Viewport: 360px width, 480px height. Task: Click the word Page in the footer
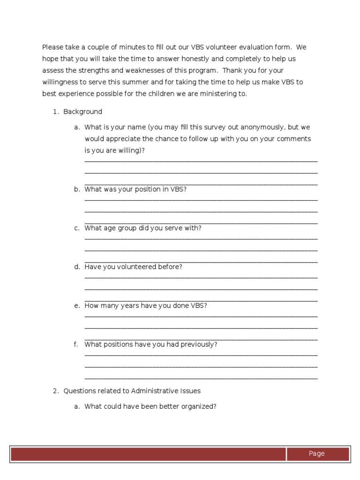pyautogui.click(x=316, y=453)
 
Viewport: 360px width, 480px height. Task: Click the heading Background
pyautogui.click(x=82, y=112)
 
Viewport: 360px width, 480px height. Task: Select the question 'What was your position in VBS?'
pyautogui.click(x=135, y=189)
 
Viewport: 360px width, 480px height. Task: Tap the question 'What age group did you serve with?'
pyautogui.click(x=143, y=228)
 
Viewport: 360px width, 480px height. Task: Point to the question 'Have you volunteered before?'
pyautogui.click(x=133, y=267)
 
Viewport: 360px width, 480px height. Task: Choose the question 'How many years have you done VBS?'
pyautogui.click(x=146, y=306)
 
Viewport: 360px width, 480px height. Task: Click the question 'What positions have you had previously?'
pyautogui.click(x=151, y=344)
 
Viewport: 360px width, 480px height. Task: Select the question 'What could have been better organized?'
pyautogui.click(x=150, y=406)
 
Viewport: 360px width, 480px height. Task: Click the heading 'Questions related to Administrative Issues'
pyautogui.click(x=132, y=390)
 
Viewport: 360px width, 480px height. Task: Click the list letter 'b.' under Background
pyautogui.click(x=77, y=189)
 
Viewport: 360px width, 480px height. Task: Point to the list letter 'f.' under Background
pyautogui.click(x=76, y=344)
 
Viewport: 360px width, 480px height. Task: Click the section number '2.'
pyautogui.click(x=55, y=390)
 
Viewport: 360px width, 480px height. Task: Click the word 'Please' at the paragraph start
pyautogui.click(x=52, y=47)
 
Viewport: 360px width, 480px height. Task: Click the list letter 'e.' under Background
pyautogui.click(x=77, y=306)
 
